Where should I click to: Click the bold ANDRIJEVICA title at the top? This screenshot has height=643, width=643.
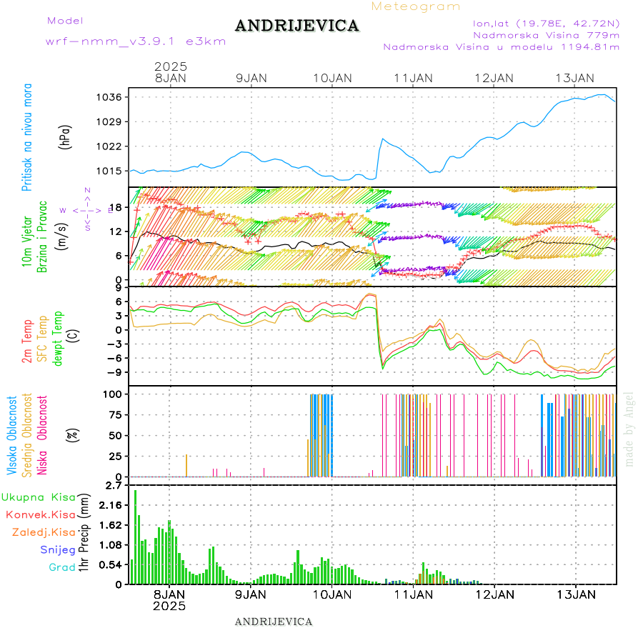[x=296, y=26]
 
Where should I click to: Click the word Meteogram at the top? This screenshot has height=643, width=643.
[x=416, y=6]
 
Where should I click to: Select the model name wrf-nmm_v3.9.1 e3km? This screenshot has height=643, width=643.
[x=135, y=41]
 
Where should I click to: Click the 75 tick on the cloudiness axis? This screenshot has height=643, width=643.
[x=114, y=414]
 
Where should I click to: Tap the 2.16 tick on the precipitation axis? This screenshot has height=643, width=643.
[x=113, y=505]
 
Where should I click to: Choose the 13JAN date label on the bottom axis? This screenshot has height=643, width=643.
[x=575, y=594]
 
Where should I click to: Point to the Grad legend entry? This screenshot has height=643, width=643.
[x=62, y=567]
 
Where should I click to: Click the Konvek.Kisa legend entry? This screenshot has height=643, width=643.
[x=40, y=514]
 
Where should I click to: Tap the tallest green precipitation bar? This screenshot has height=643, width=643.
[x=136, y=536]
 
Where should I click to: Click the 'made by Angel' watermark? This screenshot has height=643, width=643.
[x=629, y=429]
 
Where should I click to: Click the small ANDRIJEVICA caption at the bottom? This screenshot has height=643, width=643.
[x=274, y=622]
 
